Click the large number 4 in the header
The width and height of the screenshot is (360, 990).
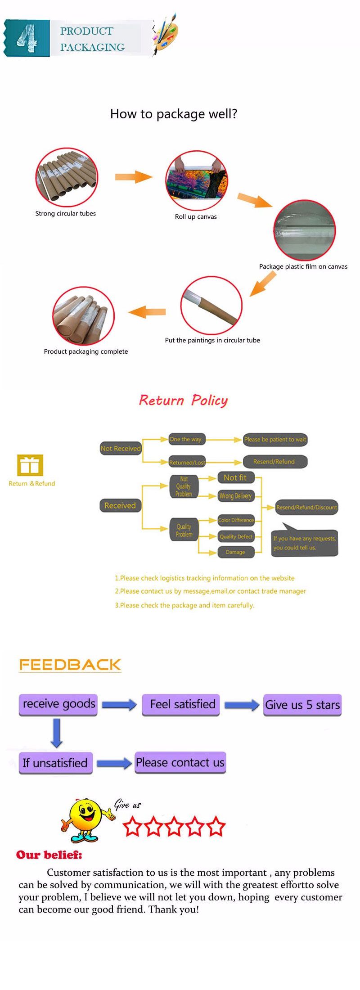(x=27, y=38)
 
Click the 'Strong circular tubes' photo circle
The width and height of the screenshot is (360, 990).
(x=67, y=177)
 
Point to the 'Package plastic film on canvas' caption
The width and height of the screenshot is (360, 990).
(x=303, y=266)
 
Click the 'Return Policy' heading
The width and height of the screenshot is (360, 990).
(x=183, y=400)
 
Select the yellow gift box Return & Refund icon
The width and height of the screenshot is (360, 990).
(x=30, y=465)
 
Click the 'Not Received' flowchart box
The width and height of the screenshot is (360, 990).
(x=121, y=448)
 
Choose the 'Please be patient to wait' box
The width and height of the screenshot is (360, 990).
(x=275, y=439)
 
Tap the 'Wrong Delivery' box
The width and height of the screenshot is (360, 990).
(x=235, y=496)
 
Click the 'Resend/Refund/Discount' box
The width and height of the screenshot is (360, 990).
(x=306, y=507)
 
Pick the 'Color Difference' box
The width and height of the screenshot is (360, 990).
(x=236, y=520)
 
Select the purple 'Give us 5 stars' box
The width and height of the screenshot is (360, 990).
(x=302, y=705)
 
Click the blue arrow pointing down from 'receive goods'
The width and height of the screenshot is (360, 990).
(x=57, y=733)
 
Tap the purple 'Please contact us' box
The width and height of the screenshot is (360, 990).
(x=180, y=762)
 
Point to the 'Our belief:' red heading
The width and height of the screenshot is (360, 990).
(x=49, y=855)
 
